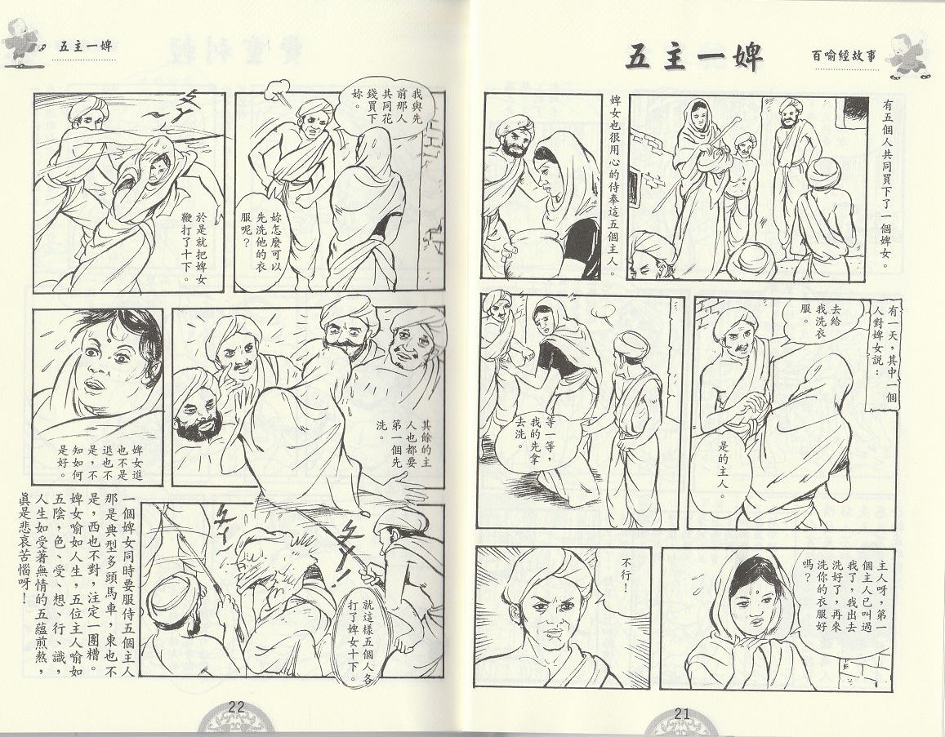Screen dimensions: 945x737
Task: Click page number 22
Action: [236, 708]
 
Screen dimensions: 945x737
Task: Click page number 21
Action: [682, 713]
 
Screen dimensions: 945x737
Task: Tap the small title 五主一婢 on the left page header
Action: [86, 47]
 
